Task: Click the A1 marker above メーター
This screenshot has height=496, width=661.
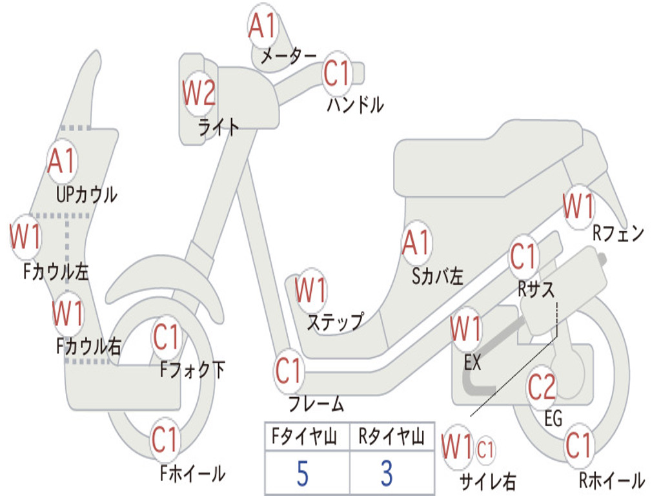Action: [263, 26]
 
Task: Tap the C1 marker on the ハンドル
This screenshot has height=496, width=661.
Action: [337, 74]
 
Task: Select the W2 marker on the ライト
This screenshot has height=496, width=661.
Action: [198, 95]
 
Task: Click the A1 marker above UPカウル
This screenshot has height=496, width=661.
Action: [62, 161]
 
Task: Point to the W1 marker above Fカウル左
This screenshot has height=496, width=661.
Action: [25, 237]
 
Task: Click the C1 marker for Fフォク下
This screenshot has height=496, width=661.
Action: [166, 337]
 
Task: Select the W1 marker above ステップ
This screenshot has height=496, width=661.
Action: [310, 291]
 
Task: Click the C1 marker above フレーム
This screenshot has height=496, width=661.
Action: [289, 371]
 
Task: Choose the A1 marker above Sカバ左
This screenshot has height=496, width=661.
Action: [416, 243]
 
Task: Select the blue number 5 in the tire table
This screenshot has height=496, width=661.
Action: [303, 473]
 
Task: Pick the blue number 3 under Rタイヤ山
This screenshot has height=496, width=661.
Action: [386, 473]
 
